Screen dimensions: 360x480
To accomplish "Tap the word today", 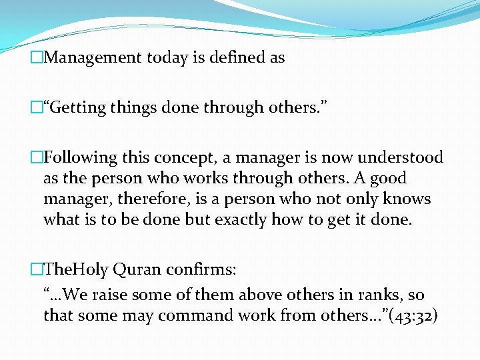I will [163, 58].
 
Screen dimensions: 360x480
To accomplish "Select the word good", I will [388, 179].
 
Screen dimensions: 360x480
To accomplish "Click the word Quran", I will [137, 269].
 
